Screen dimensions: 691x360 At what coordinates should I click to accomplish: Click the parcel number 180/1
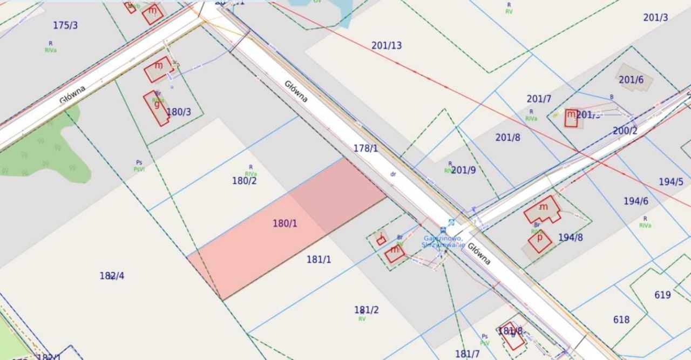click(285, 223)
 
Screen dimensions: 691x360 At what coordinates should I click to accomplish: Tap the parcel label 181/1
click(319, 260)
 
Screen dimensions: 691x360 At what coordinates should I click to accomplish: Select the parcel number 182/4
click(112, 276)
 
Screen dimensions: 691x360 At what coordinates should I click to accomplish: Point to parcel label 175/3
click(65, 25)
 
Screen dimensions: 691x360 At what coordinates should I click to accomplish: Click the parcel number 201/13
click(387, 45)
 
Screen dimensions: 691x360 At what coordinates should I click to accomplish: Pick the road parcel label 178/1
click(366, 148)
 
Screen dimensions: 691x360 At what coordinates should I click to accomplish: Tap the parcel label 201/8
click(508, 138)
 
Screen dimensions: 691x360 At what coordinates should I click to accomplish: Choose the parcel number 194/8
click(571, 237)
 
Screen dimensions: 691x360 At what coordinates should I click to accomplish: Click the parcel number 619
click(662, 295)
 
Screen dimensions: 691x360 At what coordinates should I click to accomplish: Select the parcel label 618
click(621, 320)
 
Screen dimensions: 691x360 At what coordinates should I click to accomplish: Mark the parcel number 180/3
click(179, 112)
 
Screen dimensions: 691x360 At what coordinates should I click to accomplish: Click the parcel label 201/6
click(631, 80)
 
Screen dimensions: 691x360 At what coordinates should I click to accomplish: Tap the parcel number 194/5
click(671, 182)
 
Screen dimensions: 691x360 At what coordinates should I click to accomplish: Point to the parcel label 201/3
click(655, 17)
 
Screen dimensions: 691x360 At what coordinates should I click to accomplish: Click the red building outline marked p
click(540, 241)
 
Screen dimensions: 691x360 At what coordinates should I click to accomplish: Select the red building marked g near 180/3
click(157, 108)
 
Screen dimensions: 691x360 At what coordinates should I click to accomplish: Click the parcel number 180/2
click(245, 181)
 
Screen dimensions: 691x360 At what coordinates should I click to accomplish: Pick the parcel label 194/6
click(636, 201)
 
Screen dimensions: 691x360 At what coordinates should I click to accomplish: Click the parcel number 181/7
click(468, 354)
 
